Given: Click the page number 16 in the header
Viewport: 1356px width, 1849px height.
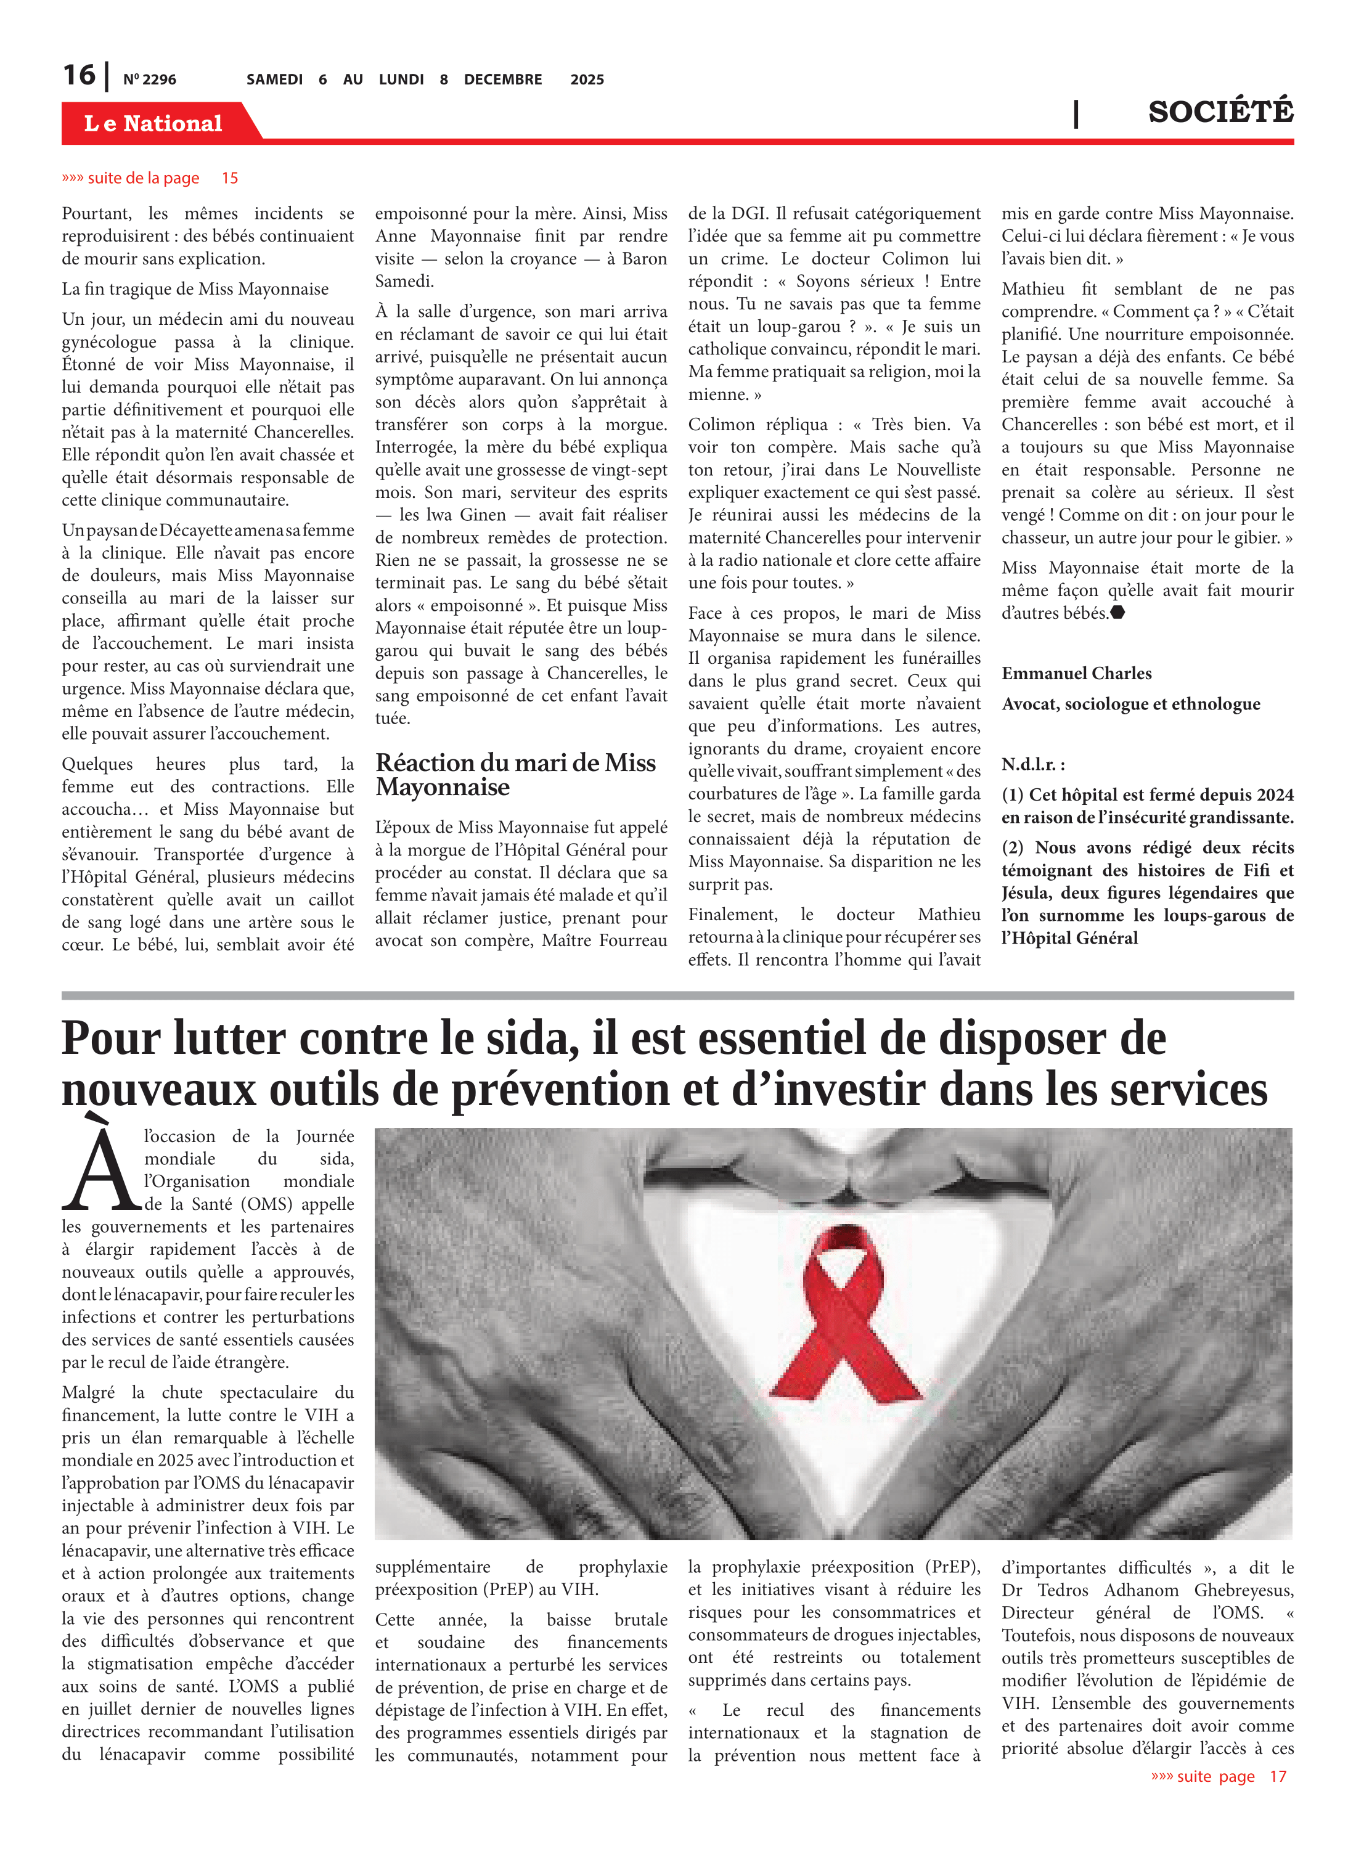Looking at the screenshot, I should tap(79, 76).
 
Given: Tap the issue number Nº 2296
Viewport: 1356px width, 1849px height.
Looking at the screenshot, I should tap(149, 80).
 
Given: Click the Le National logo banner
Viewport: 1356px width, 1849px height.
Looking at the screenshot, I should tap(153, 124).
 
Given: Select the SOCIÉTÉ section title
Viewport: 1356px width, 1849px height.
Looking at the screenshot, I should tap(1220, 112).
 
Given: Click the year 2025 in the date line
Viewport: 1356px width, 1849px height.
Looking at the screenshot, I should tap(587, 80).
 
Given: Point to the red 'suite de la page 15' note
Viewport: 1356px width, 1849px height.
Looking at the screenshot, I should tap(150, 178).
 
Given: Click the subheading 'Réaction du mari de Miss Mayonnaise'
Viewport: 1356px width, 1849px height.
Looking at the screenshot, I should tap(515, 774).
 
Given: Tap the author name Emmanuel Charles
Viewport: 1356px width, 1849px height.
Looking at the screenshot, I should tap(1076, 674).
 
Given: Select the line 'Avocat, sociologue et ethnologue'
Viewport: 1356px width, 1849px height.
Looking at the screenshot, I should tap(1130, 704).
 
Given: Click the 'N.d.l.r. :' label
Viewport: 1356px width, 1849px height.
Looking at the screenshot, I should tap(1032, 765).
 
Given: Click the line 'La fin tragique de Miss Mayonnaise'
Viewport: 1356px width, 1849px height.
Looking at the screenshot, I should tap(195, 289).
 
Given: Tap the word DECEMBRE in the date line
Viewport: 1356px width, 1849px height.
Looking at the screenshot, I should tap(502, 80).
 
